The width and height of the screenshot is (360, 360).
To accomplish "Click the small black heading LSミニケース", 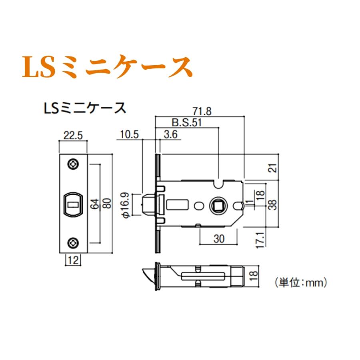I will click(x=84, y=108).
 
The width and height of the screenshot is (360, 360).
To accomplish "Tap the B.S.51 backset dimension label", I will click(x=186, y=123).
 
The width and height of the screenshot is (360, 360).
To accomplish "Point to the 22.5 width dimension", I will click(x=72, y=136).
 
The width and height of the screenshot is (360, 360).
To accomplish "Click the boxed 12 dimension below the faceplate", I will click(x=72, y=260).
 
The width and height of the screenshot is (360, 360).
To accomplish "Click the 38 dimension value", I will click(x=272, y=205).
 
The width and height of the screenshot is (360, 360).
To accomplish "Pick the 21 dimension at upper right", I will click(x=272, y=167).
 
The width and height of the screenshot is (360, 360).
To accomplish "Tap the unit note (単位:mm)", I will click(x=301, y=283).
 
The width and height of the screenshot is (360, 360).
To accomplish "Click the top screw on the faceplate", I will click(x=73, y=164).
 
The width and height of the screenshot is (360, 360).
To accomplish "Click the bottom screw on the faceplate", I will click(x=73, y=242).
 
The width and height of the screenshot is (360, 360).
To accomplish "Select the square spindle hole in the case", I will click(x=218, y=206).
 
